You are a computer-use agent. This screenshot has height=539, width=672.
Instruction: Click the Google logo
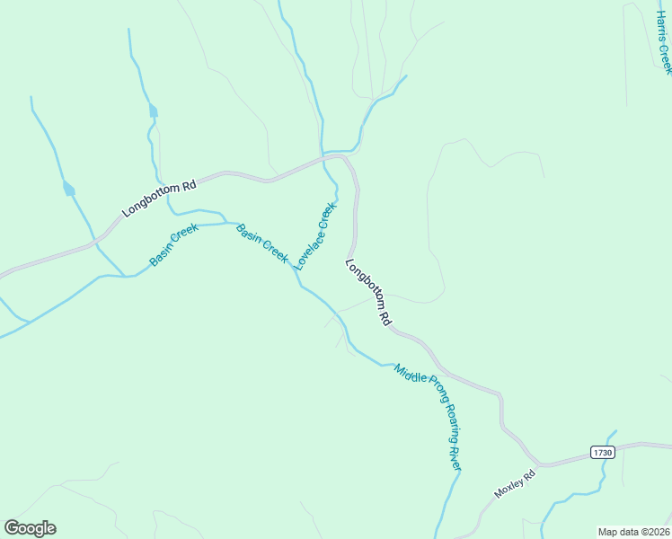[x=31, y=528]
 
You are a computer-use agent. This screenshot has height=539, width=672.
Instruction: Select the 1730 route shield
[x=603, y=453]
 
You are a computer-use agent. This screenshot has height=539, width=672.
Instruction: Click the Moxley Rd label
[x=514, y=483]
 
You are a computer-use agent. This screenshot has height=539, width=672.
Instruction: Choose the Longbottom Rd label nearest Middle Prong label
[x=369, y=292]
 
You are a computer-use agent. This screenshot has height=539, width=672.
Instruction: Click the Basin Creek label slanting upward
[x=173, y=245]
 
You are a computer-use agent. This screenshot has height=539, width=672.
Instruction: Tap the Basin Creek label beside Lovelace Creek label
[x=261, y=243]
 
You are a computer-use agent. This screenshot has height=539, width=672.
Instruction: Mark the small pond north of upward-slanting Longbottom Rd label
[x=153, y=111]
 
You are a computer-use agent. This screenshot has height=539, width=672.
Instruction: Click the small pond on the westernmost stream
[x=68, y=189]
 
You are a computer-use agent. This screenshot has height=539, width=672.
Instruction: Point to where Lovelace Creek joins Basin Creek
[x=298, y=281]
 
